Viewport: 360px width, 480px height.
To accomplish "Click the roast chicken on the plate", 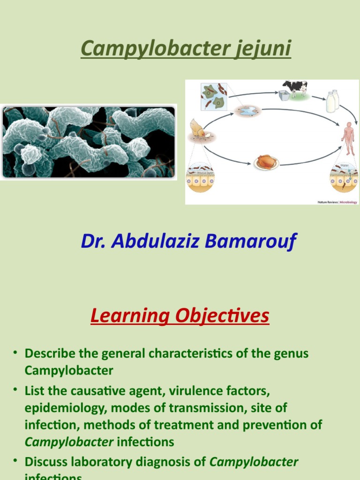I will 266,162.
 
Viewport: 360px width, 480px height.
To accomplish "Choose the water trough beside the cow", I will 284,96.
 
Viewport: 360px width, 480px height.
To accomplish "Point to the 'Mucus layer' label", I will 200,172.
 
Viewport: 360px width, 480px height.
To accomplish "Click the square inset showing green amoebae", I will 214,97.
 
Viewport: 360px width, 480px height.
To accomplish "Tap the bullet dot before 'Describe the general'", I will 15,352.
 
